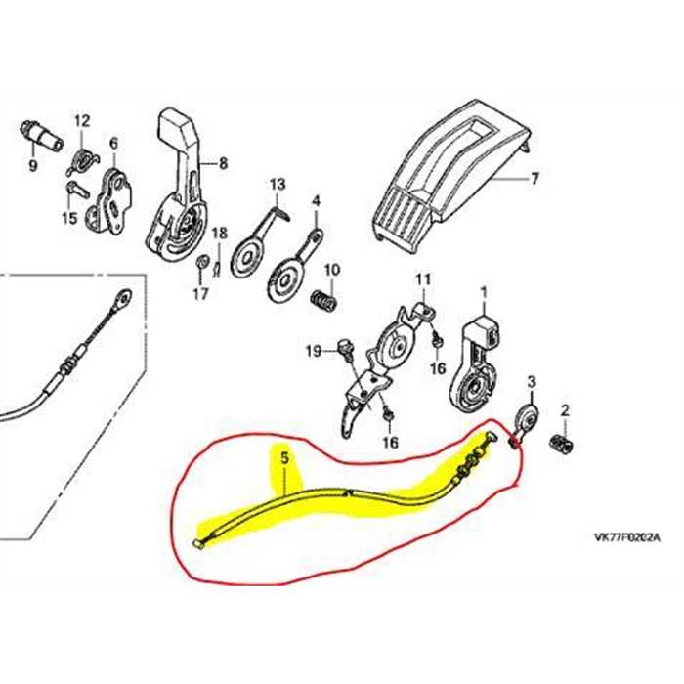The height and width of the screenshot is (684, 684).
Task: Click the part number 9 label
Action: tap(33, 165)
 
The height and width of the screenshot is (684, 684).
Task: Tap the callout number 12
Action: tap(81, 120)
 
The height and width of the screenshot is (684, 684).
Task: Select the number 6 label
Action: tap(113, 143)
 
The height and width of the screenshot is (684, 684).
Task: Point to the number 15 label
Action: tap(69, 218)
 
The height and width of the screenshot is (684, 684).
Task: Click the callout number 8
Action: tap(224, 163)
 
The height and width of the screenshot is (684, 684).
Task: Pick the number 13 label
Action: tap(278, 184)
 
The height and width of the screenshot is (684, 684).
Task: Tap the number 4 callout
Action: tap(317, 201)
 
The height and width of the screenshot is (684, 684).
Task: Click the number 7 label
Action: tap(534, 179)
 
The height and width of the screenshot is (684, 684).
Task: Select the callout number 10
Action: tap(331, 270)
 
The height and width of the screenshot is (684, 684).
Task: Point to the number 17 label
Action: tap(201, 294)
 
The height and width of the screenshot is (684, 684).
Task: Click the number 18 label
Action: tap(220, 233)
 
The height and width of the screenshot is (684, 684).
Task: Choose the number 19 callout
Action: tap(314, 351)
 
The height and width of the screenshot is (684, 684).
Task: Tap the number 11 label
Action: tap(423, 279)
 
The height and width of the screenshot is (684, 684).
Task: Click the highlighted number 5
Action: tap(285, 458)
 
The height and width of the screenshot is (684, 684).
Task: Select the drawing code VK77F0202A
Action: tap(627, 537)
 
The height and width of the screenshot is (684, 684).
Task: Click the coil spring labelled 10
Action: tap(323, 301)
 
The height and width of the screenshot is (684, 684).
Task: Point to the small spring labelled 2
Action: tap(561, 444)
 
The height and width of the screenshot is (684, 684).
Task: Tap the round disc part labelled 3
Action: tap(527, 418)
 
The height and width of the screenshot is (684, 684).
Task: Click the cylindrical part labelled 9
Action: tap(41, 135)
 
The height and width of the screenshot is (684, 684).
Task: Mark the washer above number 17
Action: tap(201, 262)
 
